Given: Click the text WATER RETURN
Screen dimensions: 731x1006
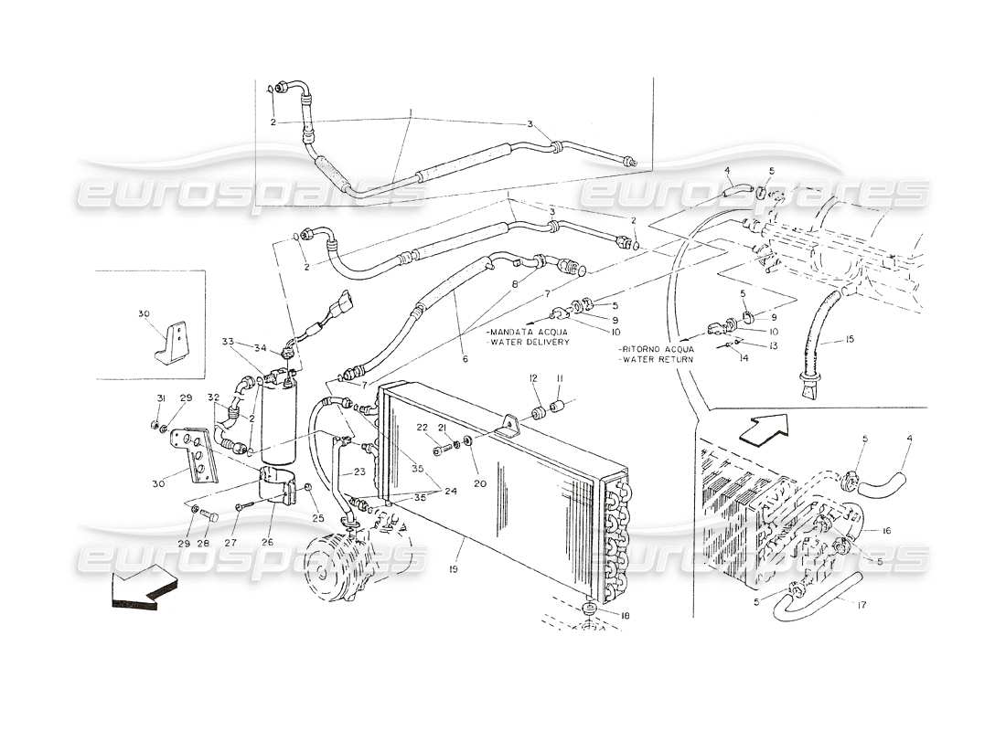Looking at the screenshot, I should point(656,360).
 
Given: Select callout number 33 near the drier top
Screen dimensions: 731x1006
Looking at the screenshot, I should point(227,343).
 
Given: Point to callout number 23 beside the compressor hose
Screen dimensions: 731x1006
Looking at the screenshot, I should point(359,472).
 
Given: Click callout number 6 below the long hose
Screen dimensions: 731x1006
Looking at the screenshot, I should point(465,360).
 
